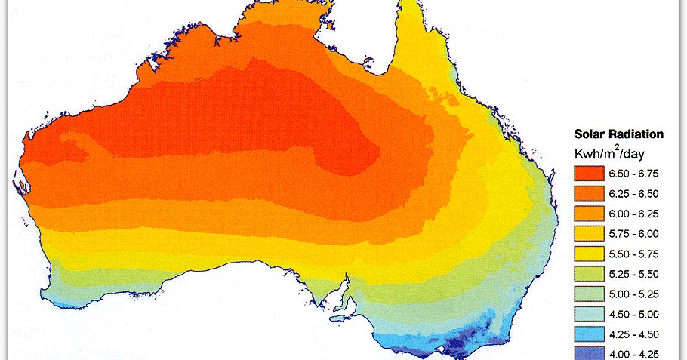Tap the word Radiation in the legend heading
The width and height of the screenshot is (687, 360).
point(636,134)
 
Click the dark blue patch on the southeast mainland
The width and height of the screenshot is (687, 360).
point(469,344)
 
